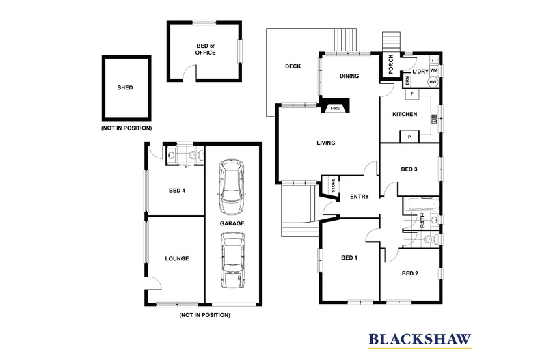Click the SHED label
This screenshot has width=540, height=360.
tap(125, 87)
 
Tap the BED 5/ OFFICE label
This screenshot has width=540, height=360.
tap(205, 49)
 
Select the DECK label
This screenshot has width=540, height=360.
tap(293, 66)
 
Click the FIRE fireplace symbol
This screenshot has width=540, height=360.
tap(336, 108)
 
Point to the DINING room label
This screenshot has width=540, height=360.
tap(350, 77)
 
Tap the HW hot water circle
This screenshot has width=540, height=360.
tap(433, 82)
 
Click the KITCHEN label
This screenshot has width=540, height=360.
tap(404, 114)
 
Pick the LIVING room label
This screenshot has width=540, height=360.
tap(325, 143)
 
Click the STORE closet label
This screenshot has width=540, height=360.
tap(333, 184)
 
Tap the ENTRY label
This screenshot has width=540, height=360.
tap(359, 197)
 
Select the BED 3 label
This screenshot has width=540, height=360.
tap(409, 169)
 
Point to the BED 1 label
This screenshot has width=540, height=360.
tap(349, 258)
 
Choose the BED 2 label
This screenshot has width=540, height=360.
tap(409, 273)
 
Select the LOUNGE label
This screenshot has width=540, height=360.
tap(176, 258)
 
